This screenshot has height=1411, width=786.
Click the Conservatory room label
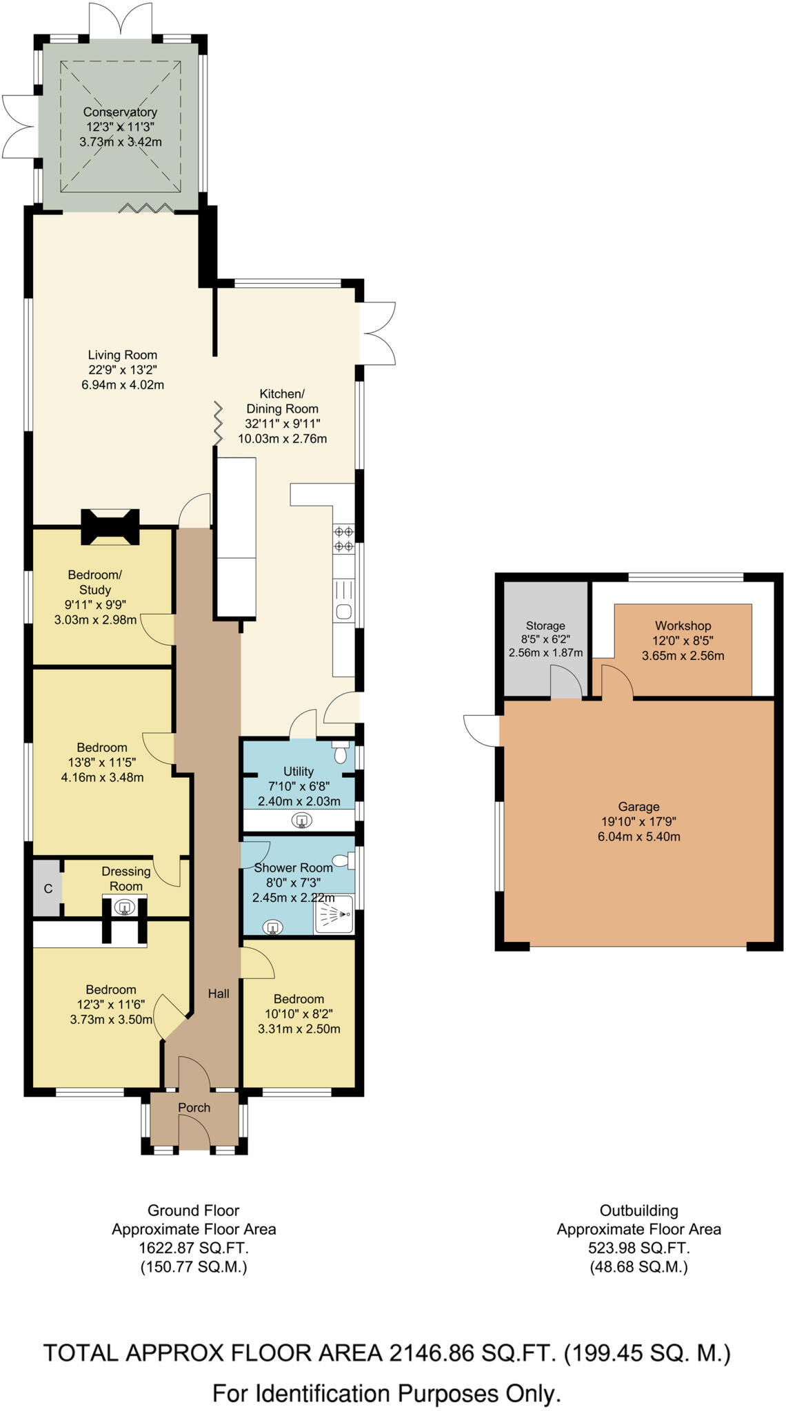tap(120, 112)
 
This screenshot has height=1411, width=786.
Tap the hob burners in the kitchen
tap(343, 539)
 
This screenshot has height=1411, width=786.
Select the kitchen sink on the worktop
tap(343, 610)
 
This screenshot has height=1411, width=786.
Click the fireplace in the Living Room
tap(110, 527)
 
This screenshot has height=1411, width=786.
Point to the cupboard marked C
tap(48, 889)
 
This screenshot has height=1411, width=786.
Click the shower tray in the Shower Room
tap(334, 914)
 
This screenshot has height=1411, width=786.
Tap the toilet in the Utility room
tap(340, 752)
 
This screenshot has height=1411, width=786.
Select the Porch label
tap(194, 1107)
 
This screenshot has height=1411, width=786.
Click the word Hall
tap(219, 993)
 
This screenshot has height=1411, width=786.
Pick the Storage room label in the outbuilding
tap(545, 626)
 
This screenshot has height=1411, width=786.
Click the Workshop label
tap(683, 626)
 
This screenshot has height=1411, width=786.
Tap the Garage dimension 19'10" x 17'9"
tap(638, 821)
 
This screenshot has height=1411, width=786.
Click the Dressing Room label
tap(125, 878)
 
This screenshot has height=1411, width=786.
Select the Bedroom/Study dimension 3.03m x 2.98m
tap(95, 619)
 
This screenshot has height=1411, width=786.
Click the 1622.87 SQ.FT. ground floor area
tap(194, 1248)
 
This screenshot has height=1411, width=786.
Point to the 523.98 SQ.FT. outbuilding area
tap(638, 1248)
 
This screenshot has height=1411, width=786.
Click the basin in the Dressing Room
tap(125, 907)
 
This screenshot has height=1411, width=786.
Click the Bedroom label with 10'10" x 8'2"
tap(299, 999)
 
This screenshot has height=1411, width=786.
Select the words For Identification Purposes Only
tap(386, 1393)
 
